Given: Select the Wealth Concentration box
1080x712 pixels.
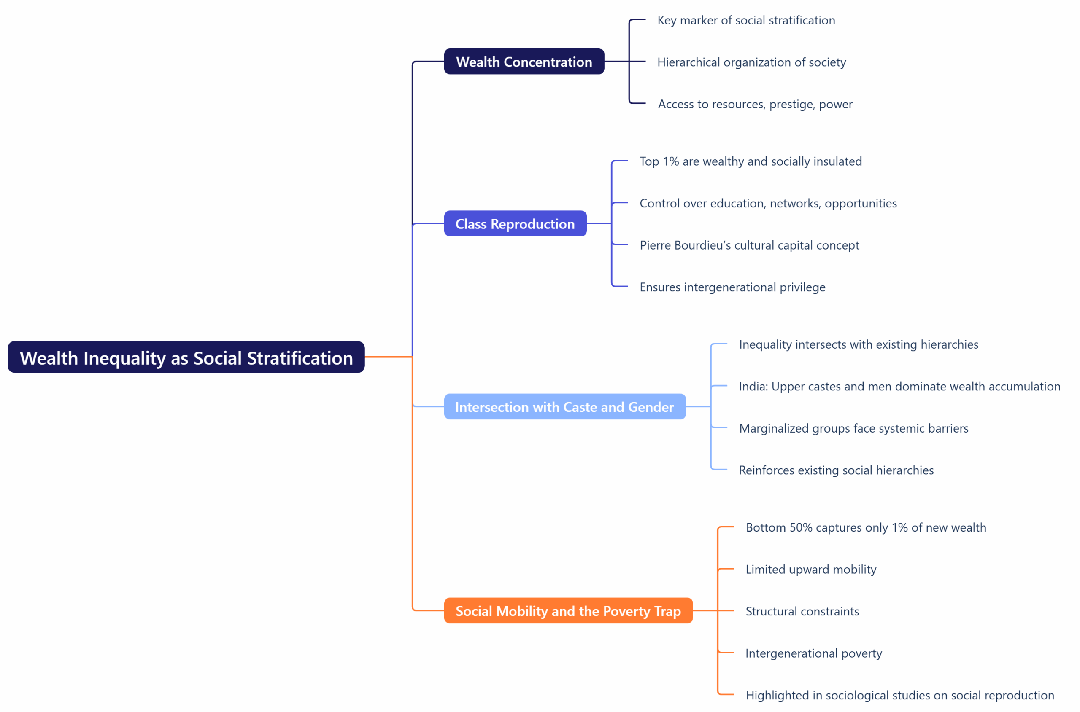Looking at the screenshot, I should click(x=524, y=61).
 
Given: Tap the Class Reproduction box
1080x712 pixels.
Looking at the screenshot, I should click(x=515, y=223).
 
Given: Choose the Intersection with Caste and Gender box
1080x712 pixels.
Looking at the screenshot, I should click(x=564, y=406).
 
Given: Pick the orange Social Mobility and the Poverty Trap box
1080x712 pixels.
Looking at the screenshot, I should click(x=568, y=611).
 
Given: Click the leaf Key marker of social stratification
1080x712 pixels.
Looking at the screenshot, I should click(x=745, y=20).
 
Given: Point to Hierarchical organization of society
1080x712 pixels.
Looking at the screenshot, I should click(x=751, y=62).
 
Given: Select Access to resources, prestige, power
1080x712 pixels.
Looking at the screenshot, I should click(x=755, y=105).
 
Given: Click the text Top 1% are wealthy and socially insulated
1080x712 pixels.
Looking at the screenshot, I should click(x=750, y=161).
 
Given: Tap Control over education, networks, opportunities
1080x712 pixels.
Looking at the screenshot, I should click(x=768, y=204).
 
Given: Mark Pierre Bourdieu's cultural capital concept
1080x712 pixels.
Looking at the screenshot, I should click(x=749, y=245).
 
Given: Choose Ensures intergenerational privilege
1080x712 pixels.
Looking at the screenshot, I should click(x=732, y=287).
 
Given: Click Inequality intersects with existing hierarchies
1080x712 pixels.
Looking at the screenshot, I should click(x=858, y=345).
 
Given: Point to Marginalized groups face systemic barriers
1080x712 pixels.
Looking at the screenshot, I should click(x=853, y=428).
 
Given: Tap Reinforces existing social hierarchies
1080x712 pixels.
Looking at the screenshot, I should click(x=836, y=470).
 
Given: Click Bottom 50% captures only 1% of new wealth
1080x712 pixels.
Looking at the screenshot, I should click(x=866, y=528).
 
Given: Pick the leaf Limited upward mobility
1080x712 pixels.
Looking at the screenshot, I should click(x=810, y=570).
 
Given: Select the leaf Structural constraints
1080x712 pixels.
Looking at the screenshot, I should click(x=802, y=611).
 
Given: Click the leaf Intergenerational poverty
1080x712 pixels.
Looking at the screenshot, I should click(x=813, y=653).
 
